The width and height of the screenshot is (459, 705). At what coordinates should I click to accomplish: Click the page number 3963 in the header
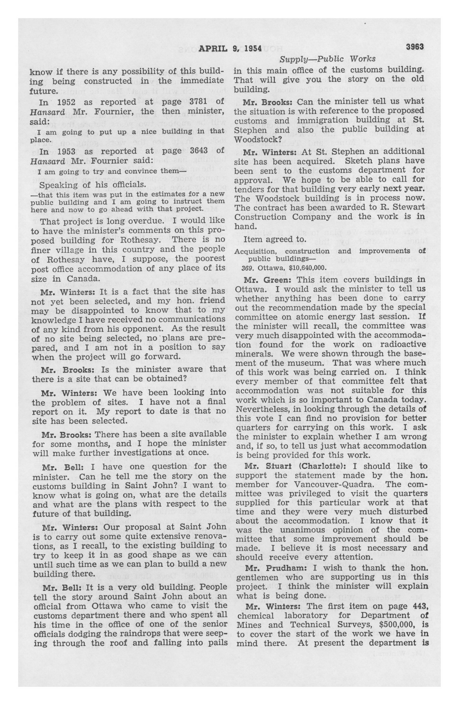415,47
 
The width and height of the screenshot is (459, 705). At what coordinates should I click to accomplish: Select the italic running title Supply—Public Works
327,59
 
